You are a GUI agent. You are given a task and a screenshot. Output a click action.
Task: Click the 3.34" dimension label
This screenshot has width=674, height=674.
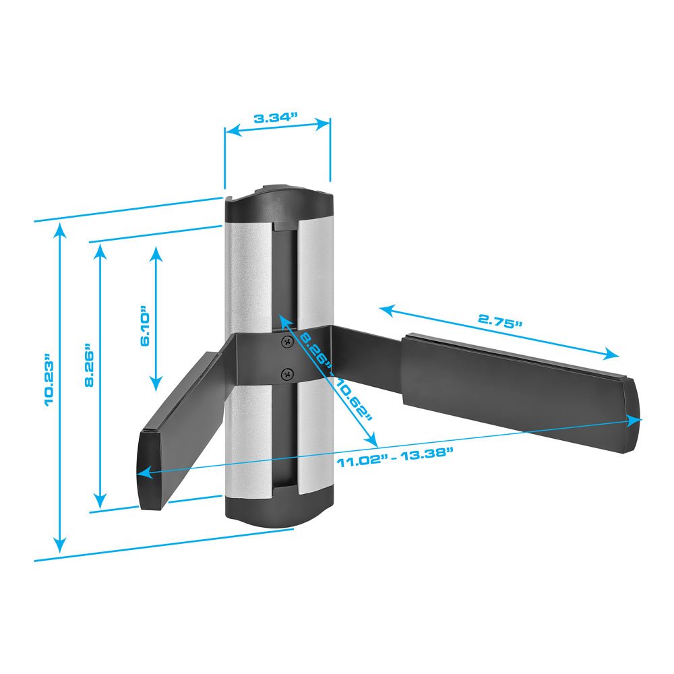276,118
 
